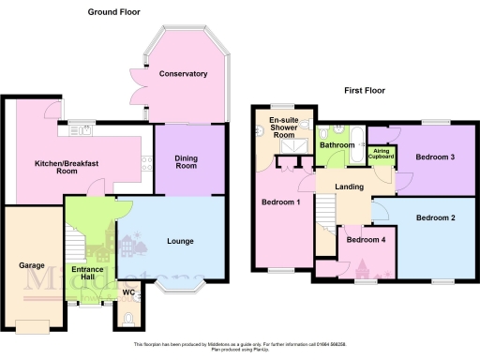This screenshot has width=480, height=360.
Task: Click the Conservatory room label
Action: [183, 73]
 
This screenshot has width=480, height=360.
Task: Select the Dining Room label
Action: [187, 161]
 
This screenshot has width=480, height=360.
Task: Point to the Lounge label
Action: [180, 241]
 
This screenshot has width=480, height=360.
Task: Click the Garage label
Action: [33, 265]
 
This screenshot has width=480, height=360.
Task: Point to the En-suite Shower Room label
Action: [283, 127]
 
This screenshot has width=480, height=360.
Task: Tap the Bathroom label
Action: [336, 145]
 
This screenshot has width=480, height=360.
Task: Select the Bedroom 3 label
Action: [435, 157]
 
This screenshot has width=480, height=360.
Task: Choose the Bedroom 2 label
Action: [435, 217]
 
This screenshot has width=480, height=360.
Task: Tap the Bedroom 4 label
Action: [365, 239]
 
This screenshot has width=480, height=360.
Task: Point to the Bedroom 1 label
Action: [279, 203]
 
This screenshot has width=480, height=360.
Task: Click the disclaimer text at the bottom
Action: [240, 346]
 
